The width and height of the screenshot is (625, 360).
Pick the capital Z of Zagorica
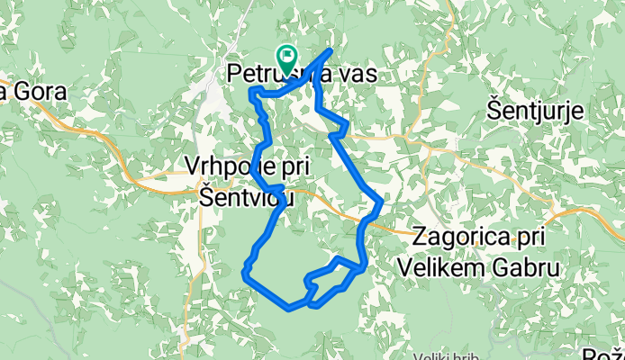421,238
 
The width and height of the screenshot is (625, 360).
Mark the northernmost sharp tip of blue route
331,50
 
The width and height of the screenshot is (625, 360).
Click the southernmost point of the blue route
290,309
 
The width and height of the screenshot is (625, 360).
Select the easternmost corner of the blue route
383,202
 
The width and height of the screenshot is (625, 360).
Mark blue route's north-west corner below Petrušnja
250,89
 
